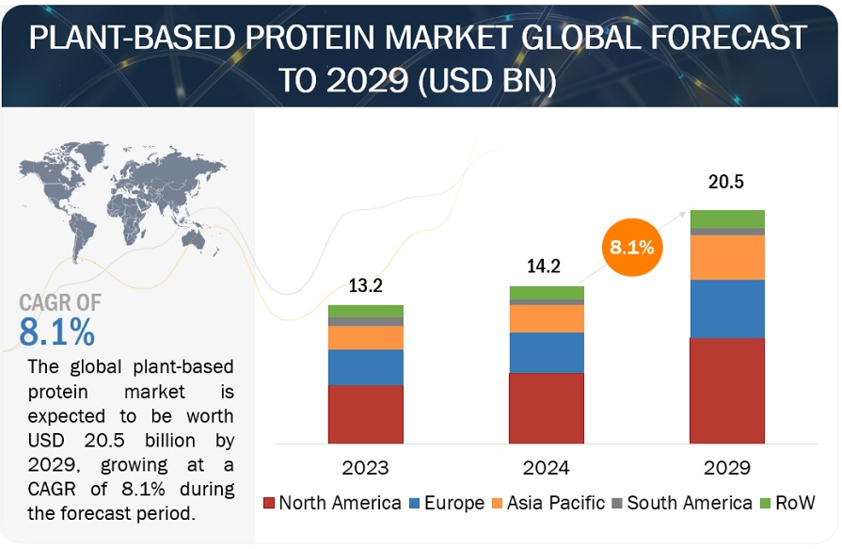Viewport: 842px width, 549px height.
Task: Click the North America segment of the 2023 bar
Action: coord(365,413)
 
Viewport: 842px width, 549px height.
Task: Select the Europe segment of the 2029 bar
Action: coord(726,309)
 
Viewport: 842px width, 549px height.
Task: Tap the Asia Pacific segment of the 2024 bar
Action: coord(546,318)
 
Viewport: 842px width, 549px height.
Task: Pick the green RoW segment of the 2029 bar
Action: coord(726,218)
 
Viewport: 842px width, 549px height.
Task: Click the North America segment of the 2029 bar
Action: coord(726,390)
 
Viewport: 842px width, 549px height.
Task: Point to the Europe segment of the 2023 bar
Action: coord(365,367)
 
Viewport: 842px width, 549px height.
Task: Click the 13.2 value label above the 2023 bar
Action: coord(365,286)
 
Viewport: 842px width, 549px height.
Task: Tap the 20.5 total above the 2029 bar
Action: coord(726,183)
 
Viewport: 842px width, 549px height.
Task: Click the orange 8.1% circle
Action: coord(632,250)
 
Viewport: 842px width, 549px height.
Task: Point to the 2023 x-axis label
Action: coord(365,467)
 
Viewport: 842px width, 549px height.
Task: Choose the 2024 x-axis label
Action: coord(546,467)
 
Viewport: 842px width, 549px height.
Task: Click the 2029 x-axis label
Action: coord(726,467)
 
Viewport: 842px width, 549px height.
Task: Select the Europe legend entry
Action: coord(445,503)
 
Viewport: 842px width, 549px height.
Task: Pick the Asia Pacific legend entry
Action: coord(548,503)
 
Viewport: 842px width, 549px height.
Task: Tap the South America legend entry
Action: coord(681,503)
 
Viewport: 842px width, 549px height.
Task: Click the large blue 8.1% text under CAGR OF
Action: coord(57,332)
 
